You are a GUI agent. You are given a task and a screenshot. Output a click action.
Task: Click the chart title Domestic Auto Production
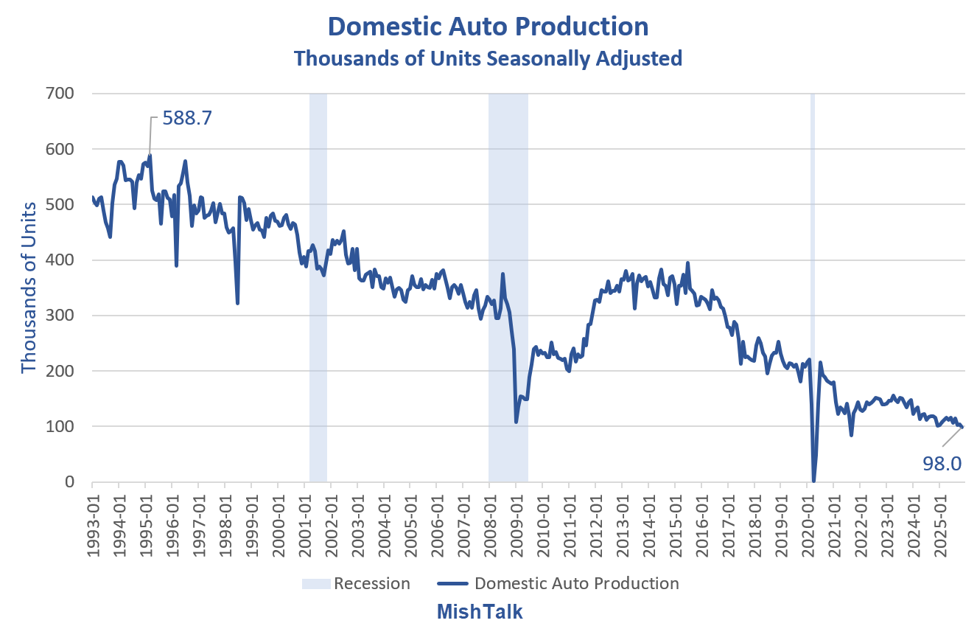tap(488, 27)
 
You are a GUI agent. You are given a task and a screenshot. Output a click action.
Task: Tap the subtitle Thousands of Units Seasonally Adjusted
tap(488, 58)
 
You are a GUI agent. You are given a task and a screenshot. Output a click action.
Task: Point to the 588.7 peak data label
tap(187, 118)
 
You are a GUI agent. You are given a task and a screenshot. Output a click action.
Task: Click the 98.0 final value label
tap(942, 462)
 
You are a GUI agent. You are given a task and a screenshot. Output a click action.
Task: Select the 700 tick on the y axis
tap(64, 94)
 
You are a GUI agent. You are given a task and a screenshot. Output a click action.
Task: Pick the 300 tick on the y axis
tap(64, 316)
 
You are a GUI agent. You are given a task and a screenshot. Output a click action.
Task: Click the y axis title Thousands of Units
tap(29, 288)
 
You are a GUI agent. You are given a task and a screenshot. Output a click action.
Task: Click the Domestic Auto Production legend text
tap(577, 584)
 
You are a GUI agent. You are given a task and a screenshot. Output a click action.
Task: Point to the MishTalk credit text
tap(480, 612)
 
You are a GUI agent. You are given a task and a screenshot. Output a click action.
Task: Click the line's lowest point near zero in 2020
tap(813, 481)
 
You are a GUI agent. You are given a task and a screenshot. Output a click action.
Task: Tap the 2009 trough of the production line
tap(516, 422)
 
